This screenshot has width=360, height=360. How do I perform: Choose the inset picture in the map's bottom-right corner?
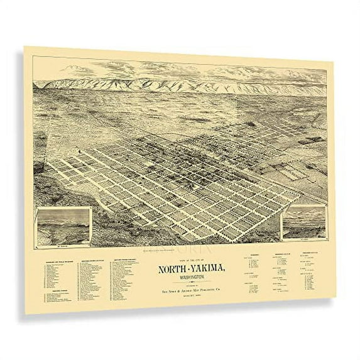point(304,223)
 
